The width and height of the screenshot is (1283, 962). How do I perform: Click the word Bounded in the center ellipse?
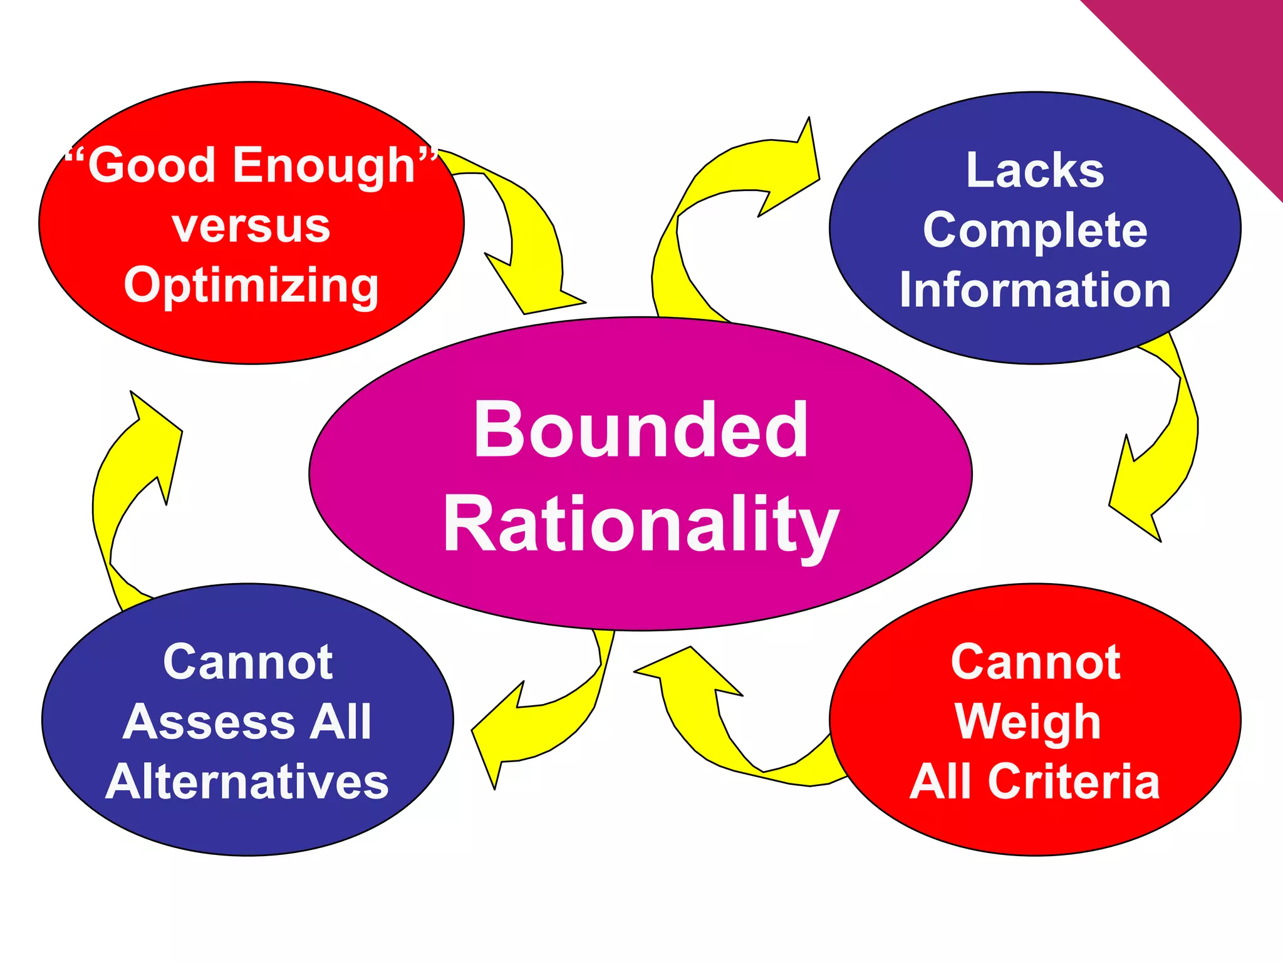coord(640,431)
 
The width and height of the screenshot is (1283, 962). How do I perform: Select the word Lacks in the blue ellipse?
coord(1034,170)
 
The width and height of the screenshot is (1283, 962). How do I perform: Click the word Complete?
coord(1034,230)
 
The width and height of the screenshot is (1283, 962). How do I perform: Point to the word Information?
coord(1034,290)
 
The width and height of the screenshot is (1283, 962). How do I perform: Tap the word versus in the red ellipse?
coord(251,226)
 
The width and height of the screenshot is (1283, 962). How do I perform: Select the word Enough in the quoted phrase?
coord(325,166)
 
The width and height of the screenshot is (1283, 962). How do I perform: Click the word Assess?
coord(207,722)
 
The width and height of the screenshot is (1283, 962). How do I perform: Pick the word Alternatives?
coord(247,782)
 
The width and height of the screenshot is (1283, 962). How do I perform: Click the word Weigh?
coord(1027,722)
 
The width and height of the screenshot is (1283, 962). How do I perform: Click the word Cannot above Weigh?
coord(1035,662)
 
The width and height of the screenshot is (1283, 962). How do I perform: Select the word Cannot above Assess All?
coord(247,662)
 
